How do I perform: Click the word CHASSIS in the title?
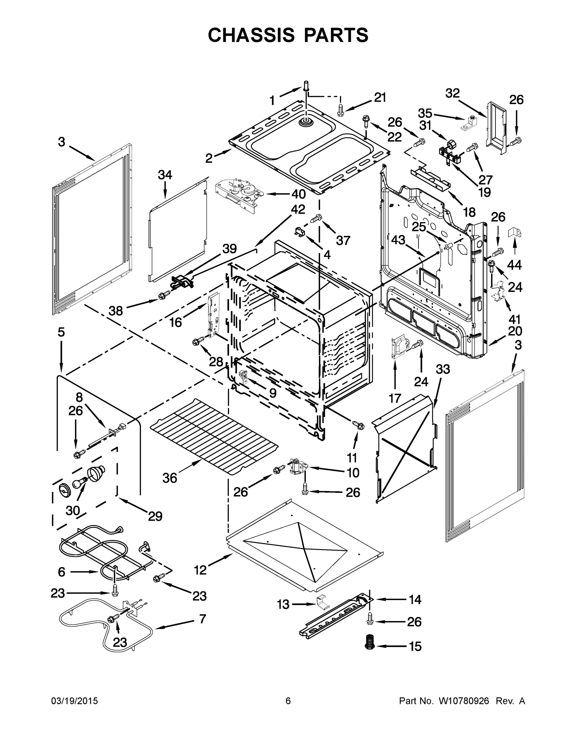point(251,35)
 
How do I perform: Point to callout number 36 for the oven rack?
point(170,478)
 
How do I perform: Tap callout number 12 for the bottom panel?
point(200,570)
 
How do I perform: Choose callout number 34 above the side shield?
point(165,175)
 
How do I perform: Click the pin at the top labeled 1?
point(306,85)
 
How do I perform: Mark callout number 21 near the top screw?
point(380,97)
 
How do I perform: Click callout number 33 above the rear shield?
point(443,369)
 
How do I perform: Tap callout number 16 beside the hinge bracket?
point(176,322)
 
